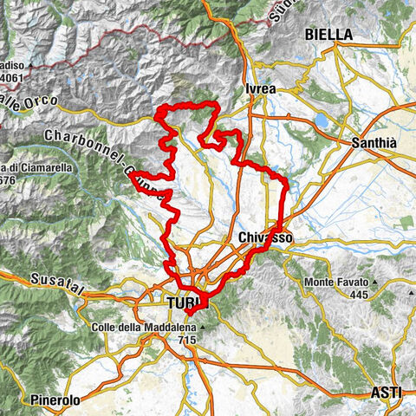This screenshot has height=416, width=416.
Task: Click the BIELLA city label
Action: click(x=328, y=35)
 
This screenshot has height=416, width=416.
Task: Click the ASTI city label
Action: click(x=386, y=393)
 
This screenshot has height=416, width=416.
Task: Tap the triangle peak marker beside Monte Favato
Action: click(x=376, y=283)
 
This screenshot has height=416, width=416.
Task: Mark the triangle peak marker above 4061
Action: click(x=29, y=65)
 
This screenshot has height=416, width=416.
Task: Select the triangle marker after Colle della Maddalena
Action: click(x=200, y=328)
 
